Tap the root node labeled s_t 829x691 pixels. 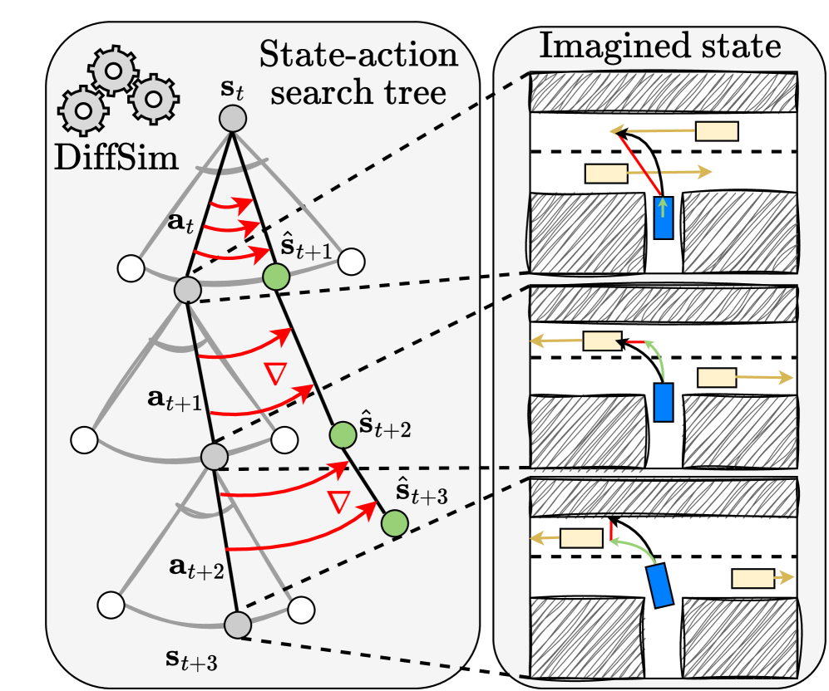[232, 119]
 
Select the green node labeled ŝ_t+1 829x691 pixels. [276, 277]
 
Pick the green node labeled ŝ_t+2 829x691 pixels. [341, 433]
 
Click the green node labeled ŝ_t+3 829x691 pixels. [393, 522]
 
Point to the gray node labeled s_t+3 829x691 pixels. [237, 625]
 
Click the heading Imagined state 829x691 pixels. [659, 46]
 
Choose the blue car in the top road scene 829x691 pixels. [664, 217]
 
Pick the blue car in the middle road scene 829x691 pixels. [663, 401]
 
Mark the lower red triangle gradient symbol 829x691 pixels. [338, 501]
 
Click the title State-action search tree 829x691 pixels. [358, 72]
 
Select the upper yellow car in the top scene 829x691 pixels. [717, 130]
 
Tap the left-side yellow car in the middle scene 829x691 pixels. [603, 341]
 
